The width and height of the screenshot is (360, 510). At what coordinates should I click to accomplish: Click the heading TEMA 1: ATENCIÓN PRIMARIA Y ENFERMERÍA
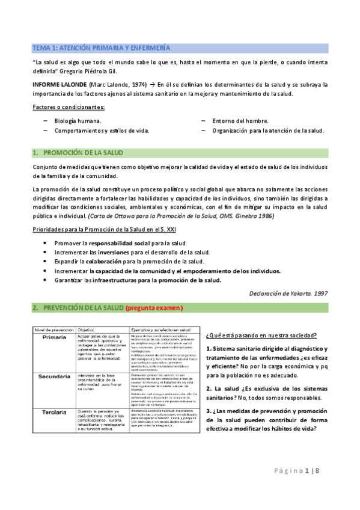pos(101,47)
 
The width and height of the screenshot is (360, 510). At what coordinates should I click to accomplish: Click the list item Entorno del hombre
pos(240,121)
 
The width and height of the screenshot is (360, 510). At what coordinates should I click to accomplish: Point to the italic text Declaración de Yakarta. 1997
pos(288,293)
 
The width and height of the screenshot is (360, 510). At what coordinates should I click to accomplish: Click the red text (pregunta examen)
pos(154,308)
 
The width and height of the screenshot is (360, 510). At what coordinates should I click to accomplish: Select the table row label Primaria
pos(54,337)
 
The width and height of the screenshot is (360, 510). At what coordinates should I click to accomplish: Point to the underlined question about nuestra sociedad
pos(262,335)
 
